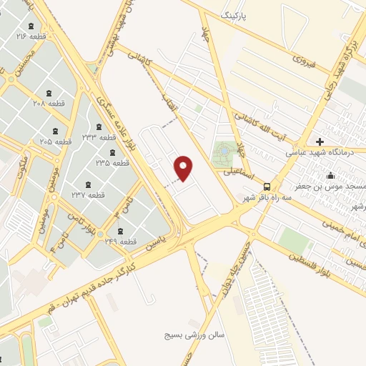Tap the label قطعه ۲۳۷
[89, 194]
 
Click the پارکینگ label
[237, 14]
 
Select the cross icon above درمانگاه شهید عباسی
[320, 141]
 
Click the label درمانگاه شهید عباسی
[317, 152]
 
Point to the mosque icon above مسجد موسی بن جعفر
[330, 176]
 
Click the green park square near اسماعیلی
[224, 152]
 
